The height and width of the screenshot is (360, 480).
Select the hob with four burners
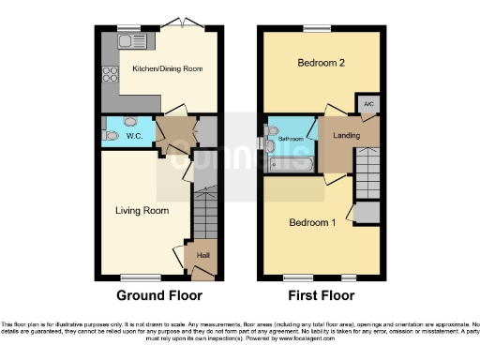(109, 74)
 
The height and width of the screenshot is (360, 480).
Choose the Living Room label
(142, 211)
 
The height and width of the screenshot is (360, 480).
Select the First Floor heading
(321, 295)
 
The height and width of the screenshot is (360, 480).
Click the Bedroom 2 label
(322, 64)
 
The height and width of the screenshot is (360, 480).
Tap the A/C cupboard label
(367, 103)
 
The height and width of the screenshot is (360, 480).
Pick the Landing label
(346, 137)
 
